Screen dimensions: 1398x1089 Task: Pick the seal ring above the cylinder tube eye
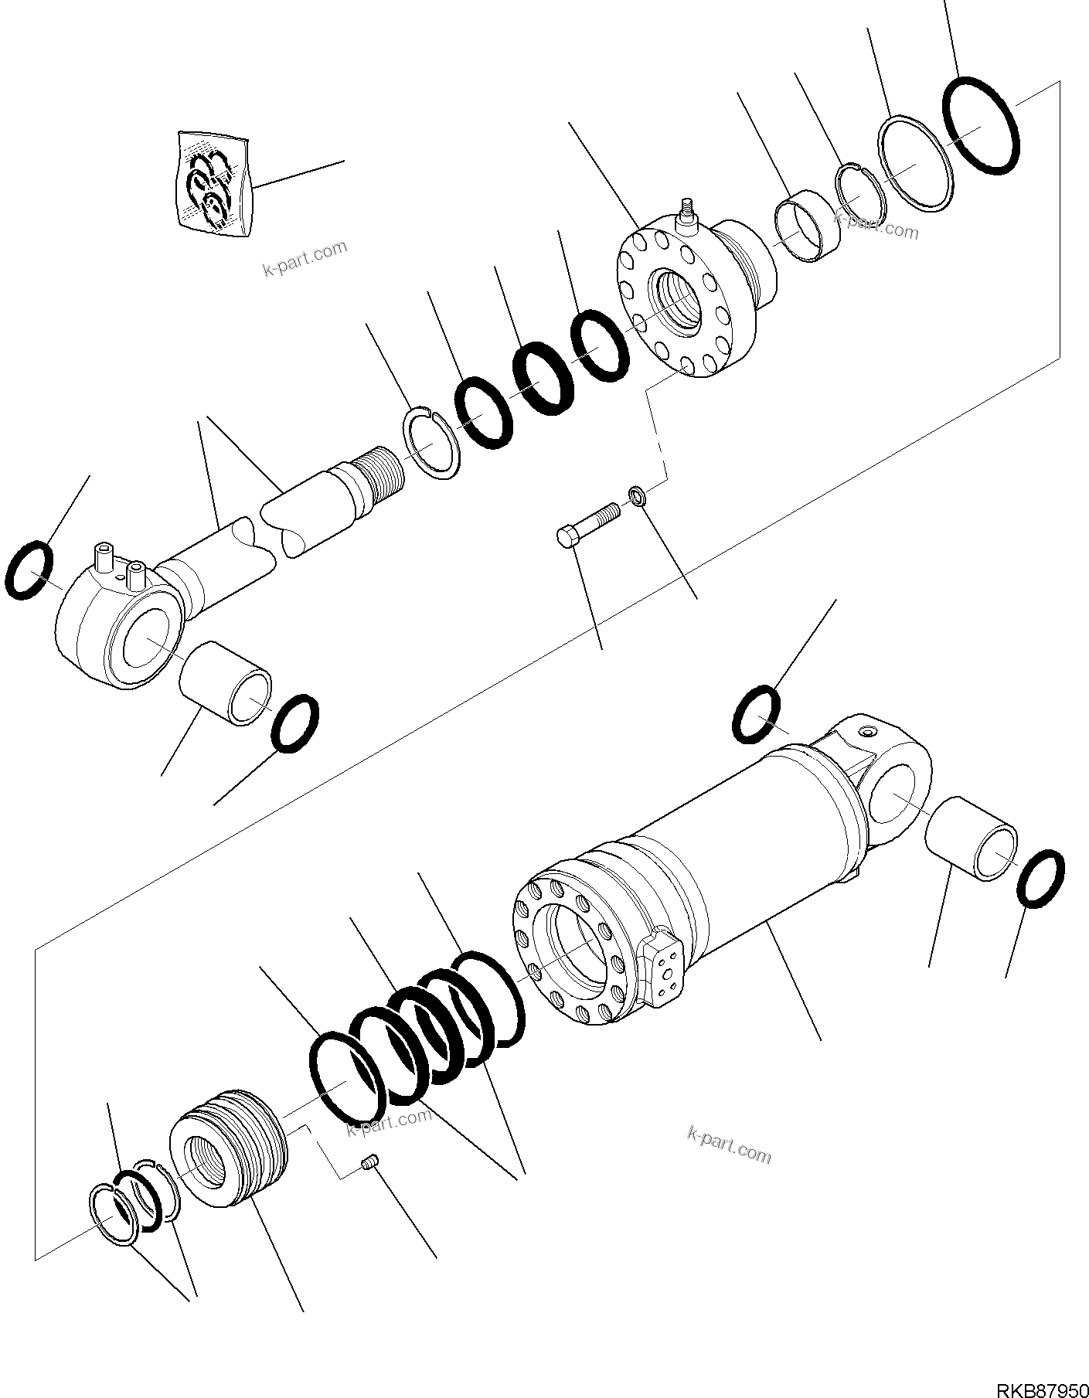(x=756, y=713)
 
